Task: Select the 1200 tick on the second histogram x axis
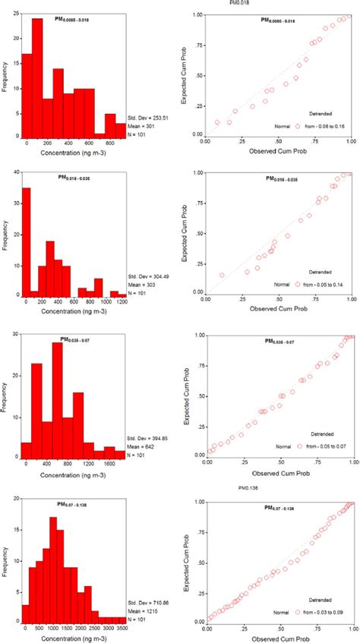(x=115, y=301)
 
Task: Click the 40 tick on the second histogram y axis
(x=13, y=173)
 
